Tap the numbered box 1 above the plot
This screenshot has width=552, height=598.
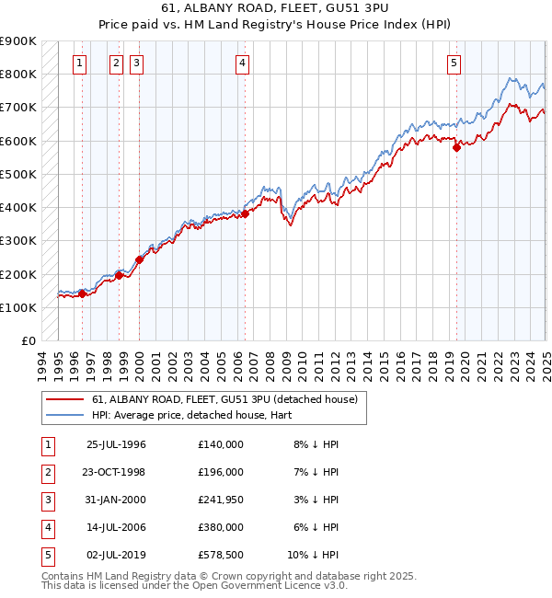tap(80, 63)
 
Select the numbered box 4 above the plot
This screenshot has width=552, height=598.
tap(242, 63)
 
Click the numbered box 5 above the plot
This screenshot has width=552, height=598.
tap(454, 63)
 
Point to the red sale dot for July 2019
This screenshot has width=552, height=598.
tap(457, 147)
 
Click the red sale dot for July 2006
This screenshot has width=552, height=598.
tap(246, 213)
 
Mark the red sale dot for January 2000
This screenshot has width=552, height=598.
tap(139, 259)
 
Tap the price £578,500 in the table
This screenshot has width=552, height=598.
tap(221, 555)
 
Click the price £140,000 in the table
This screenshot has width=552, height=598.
tap(221, 444)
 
